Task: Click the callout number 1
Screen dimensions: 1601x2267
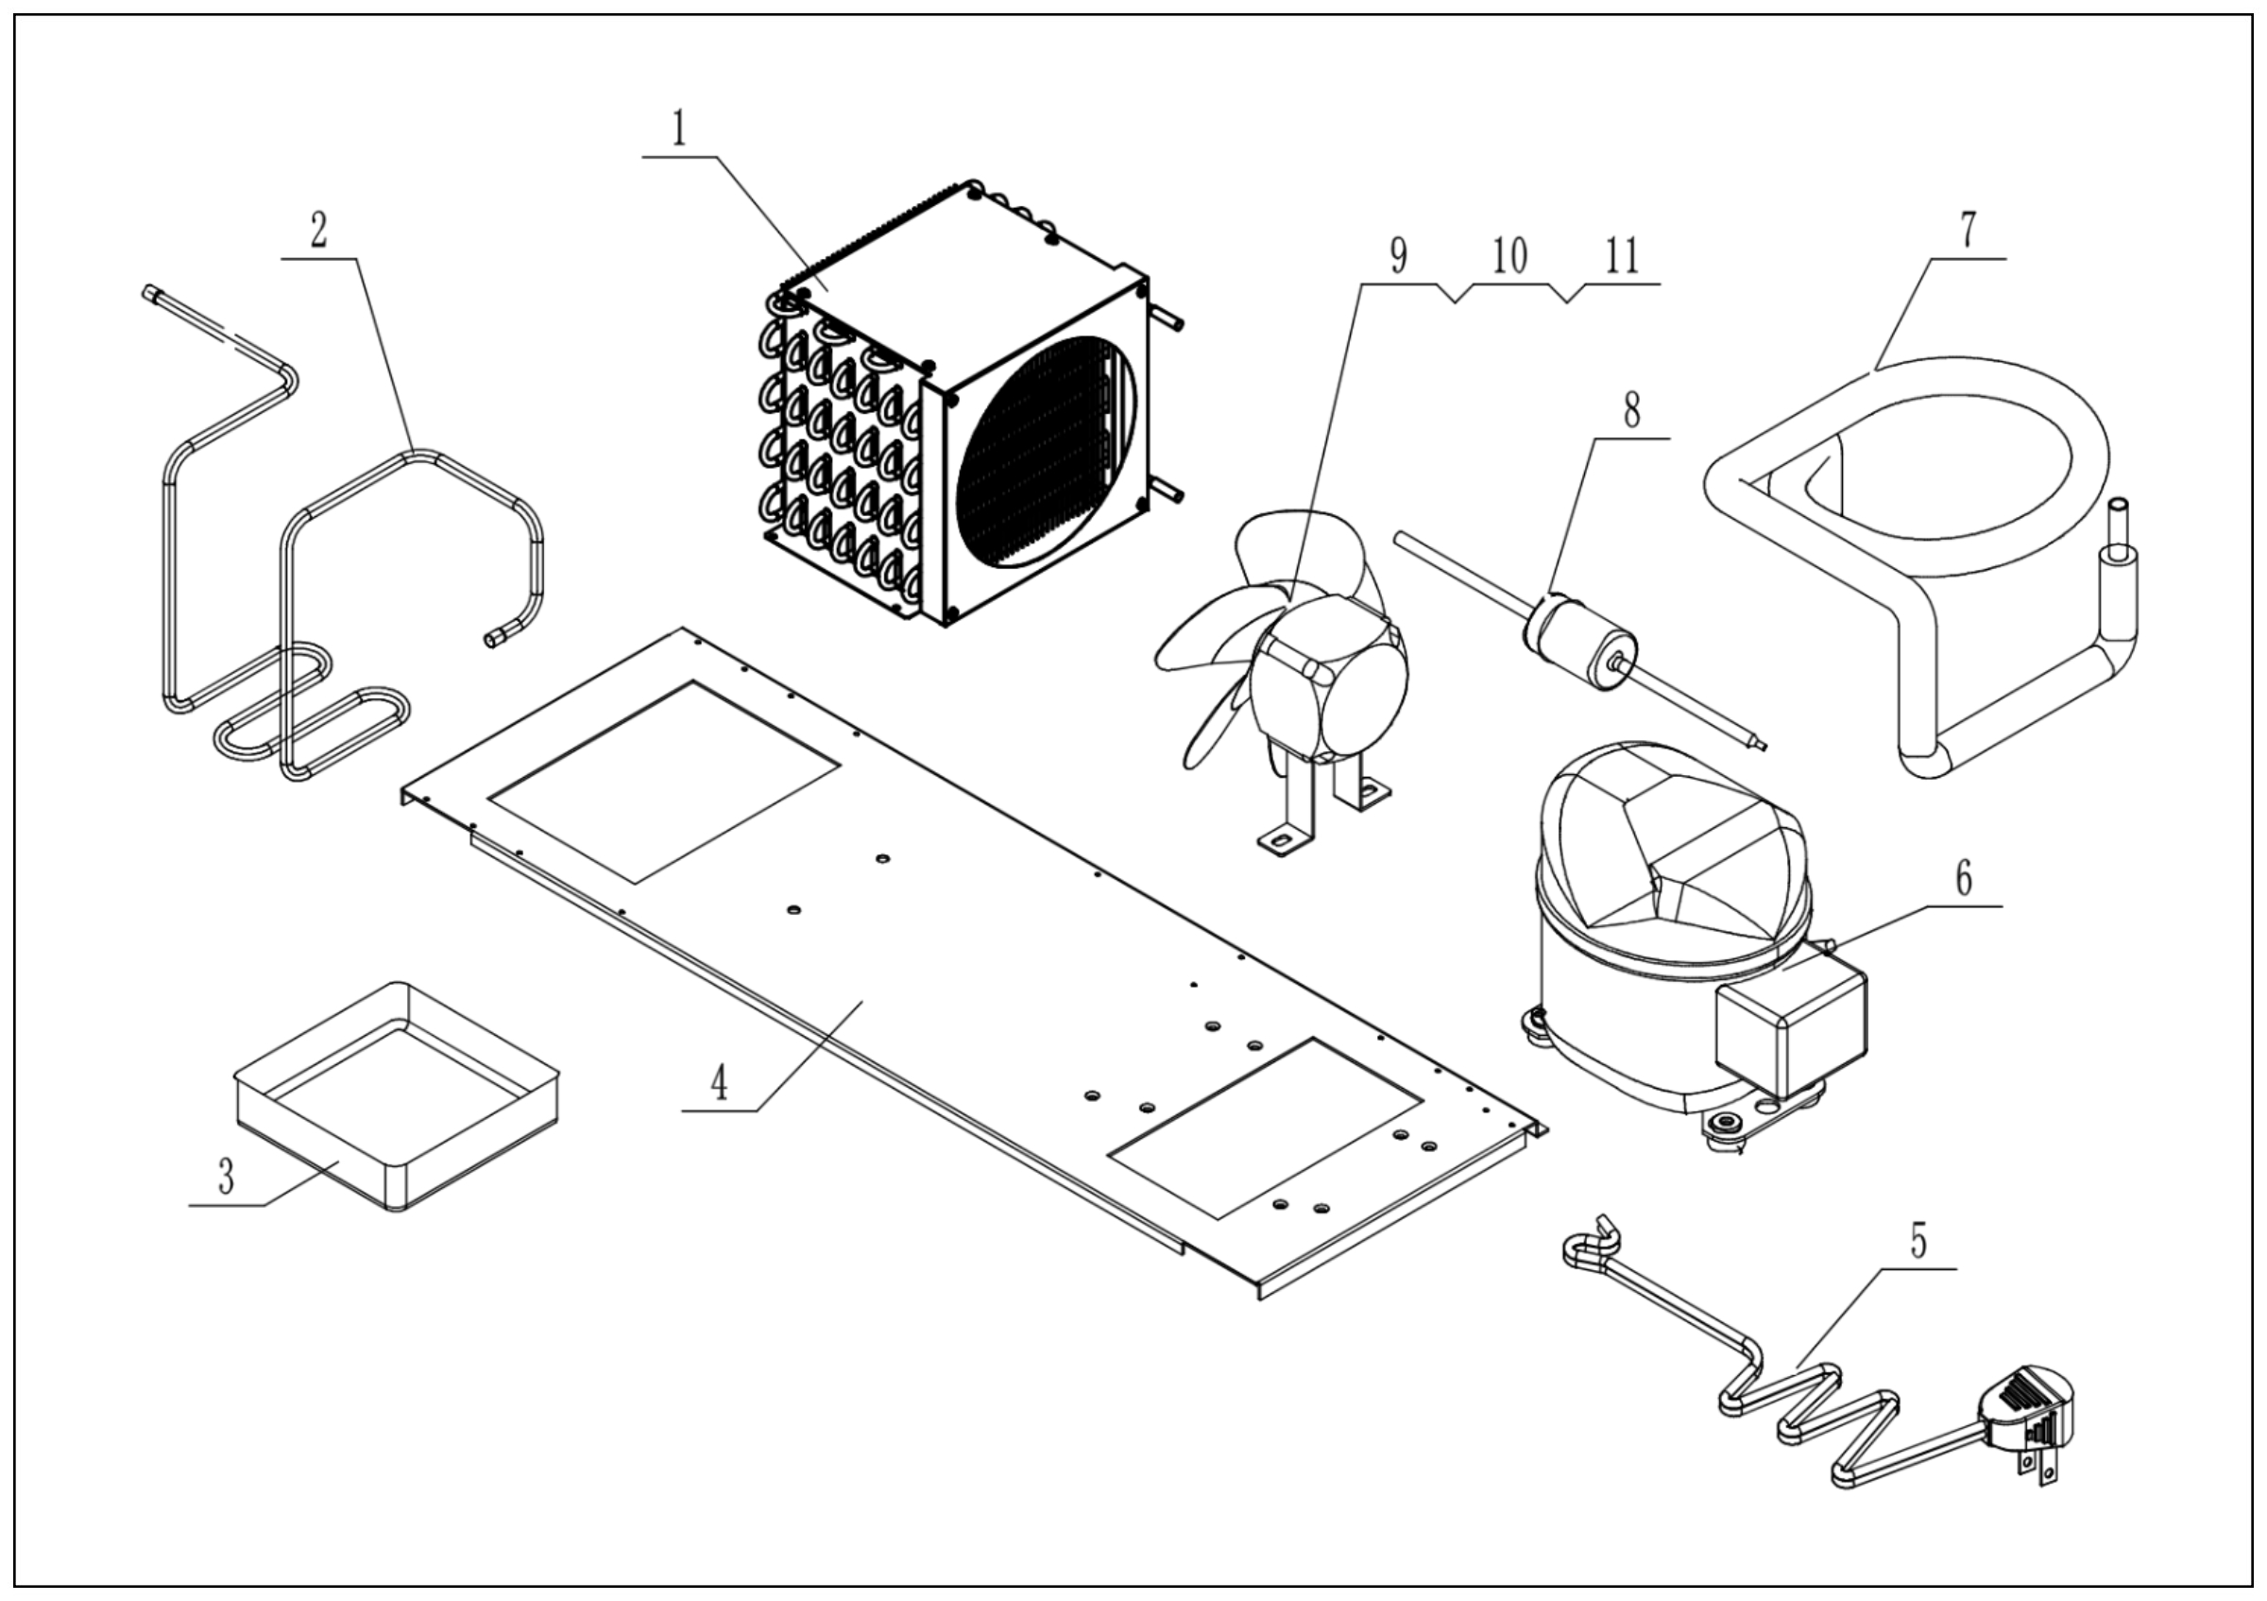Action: click(x=678, y=129)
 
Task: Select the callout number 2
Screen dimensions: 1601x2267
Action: click(x=318, y=232)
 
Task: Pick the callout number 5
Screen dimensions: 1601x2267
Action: click(x=1918, y=1241)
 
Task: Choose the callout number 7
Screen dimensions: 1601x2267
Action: click(x=1968, y=230)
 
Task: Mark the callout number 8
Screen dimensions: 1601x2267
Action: click(x=1631, y=410)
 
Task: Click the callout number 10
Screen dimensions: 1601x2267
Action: click(x=1509, y=257)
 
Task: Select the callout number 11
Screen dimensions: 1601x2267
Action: click(x=1621, y=257)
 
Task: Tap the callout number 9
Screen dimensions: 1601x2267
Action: click(x=1398, y=257)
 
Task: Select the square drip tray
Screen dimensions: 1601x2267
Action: click(x=395, y=1096)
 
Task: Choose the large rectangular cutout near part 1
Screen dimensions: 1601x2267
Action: click(x=663, y=781)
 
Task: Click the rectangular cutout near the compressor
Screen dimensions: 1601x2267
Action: click(x=1266, y=1126)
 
